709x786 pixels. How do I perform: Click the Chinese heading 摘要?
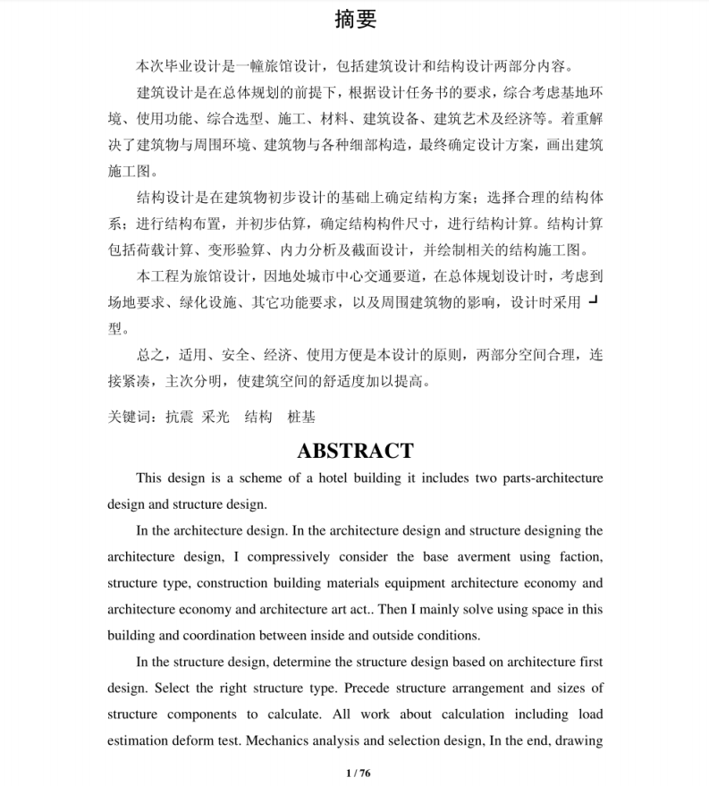pyautogui.click(x=355, y=20)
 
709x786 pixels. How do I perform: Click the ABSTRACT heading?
pyautogui.click(x=355, y=451)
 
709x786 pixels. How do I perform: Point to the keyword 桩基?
pyautogui.click(x=301, y=417)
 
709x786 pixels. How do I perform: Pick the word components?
pyautogui.click(x=207, y=714)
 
